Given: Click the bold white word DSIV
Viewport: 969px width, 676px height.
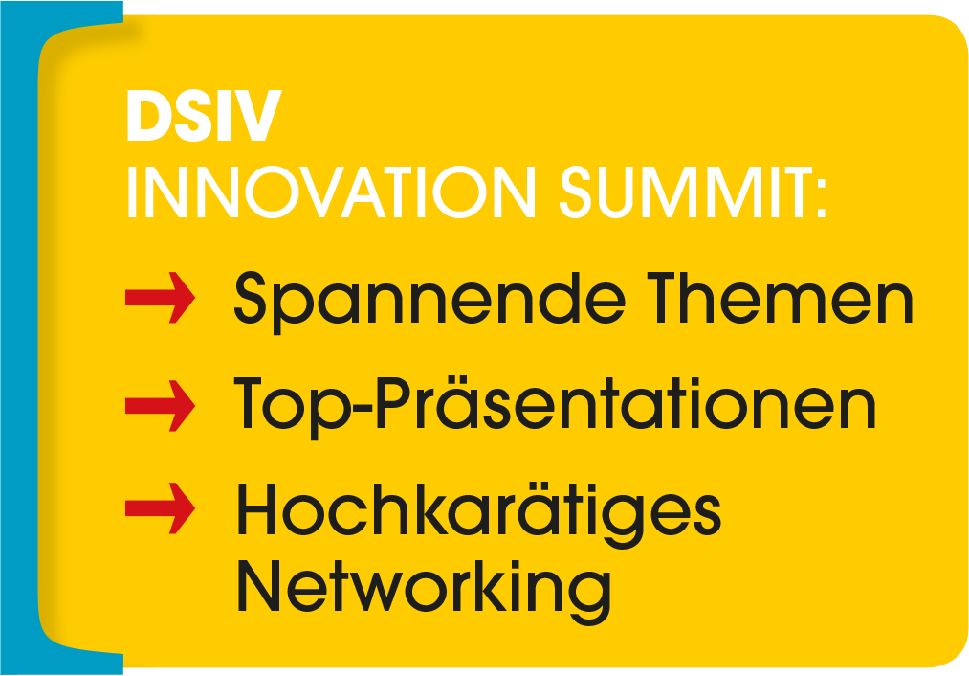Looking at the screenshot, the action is (204, 116).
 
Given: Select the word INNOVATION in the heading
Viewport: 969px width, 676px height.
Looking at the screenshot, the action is (331, 192).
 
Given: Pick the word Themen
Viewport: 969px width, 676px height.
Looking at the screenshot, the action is (780, 299).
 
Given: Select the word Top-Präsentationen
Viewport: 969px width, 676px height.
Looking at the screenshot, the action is (555, 407).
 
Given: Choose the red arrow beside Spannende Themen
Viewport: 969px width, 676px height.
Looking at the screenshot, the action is (160, 298).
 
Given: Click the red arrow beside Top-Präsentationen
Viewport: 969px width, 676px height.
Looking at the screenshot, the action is (160, 406).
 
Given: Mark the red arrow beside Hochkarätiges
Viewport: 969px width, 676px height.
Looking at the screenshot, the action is (160, 507).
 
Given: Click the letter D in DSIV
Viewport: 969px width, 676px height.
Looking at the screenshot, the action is (148, 116).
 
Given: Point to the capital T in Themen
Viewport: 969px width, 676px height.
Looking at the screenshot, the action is (668, 298).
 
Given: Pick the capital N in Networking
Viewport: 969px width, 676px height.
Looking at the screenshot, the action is (259, 585).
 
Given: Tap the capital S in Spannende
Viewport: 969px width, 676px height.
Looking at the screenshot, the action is (250, 298).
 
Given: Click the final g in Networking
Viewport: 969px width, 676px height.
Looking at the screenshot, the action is (591, 597).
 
